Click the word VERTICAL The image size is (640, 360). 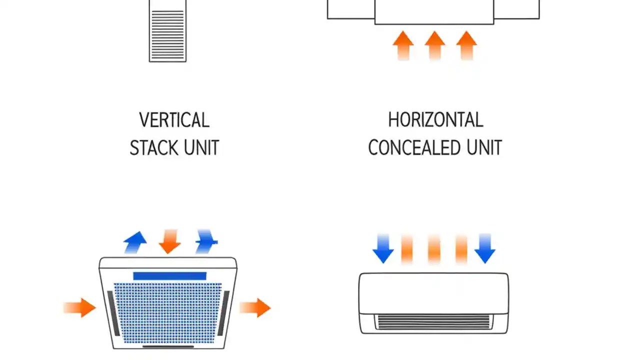point(174,120)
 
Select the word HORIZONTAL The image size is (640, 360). point(435,120)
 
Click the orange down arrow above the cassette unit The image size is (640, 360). point(170,241)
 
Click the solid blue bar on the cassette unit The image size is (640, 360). point(169,276)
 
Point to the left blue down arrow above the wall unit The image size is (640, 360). point(383,248)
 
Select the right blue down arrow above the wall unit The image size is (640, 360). point(484,248)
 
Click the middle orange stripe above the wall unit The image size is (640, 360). point(434,249)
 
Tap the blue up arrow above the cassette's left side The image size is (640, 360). point(135,242)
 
